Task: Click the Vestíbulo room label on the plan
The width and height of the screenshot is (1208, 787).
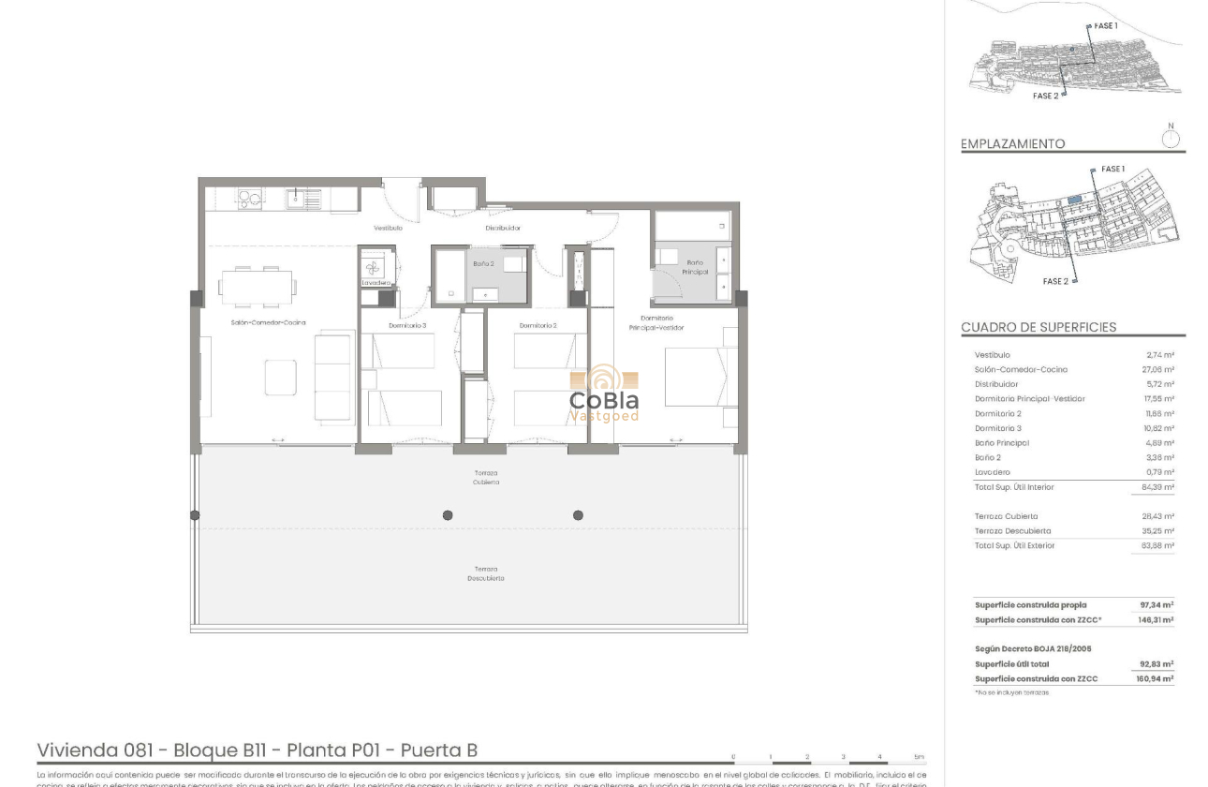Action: point(388,228)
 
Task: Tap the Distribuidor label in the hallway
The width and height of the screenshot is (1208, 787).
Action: point(503,228)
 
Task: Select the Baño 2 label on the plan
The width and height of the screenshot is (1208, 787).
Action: point(483,264)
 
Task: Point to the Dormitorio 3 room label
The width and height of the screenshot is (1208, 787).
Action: point(407,325)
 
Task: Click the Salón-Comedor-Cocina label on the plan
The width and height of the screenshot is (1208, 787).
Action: point(268,322)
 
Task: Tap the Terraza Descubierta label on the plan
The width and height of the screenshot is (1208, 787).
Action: point(486,573)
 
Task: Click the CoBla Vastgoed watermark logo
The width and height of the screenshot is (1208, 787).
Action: point(605,394)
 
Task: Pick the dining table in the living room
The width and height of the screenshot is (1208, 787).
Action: point(257,287)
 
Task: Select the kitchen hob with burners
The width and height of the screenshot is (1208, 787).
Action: point(248,198)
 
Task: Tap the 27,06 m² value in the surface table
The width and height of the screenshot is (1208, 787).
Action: point(1159,369)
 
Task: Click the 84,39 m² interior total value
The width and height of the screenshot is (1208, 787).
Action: point(1157,487)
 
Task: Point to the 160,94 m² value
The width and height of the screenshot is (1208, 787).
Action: point(1156,678)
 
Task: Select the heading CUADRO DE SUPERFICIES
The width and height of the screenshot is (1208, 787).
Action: point(1039,327)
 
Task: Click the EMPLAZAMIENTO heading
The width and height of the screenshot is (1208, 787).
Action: point(1012,144)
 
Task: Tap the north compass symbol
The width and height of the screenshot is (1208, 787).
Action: point(1170,139)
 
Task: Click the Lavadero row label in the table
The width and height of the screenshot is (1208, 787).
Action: point(993,472)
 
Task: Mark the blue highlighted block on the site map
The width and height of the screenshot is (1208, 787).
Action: point(1075,200)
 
